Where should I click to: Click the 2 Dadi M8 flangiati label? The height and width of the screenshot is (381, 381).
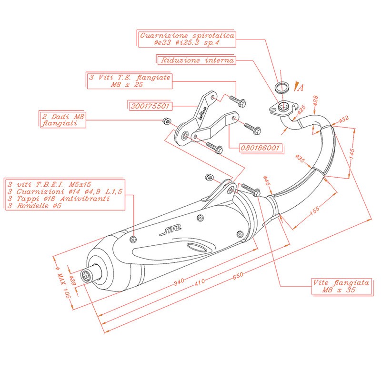57,119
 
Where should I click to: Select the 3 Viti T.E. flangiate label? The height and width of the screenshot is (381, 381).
129,80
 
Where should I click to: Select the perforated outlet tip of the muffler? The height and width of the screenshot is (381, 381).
86,275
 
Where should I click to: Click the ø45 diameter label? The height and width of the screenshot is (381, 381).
267,180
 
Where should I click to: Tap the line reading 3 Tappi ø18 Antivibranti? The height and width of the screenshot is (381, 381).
59,199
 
